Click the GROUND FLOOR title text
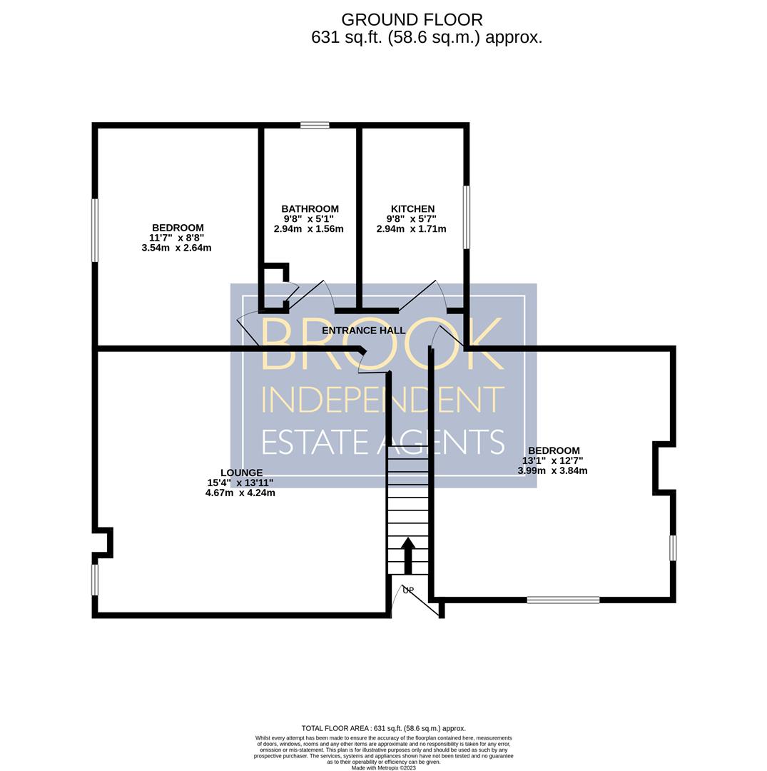coord(412,20)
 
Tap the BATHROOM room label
coord(310,209)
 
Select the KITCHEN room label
coord(412,209)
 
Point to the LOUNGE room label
coord(241,473)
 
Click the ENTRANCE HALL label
coord(364,331)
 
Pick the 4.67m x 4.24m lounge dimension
coord(240,493)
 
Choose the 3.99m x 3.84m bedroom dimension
coord(552,470)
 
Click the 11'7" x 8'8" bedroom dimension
coord(177,238)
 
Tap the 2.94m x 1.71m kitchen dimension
coord(411,228)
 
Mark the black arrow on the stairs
coord(408,555)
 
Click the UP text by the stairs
coord(408,590)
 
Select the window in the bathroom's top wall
coord(315,126)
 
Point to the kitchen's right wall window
coord(467,217)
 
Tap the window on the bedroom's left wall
coord(95,230)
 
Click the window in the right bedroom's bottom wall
coord(563,600)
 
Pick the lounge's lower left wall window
coord(95,580)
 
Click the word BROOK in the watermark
coord(382,343)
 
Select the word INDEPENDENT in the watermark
coord(382,399)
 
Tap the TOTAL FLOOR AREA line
coord(384,728)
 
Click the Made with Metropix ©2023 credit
coord(384,767)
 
